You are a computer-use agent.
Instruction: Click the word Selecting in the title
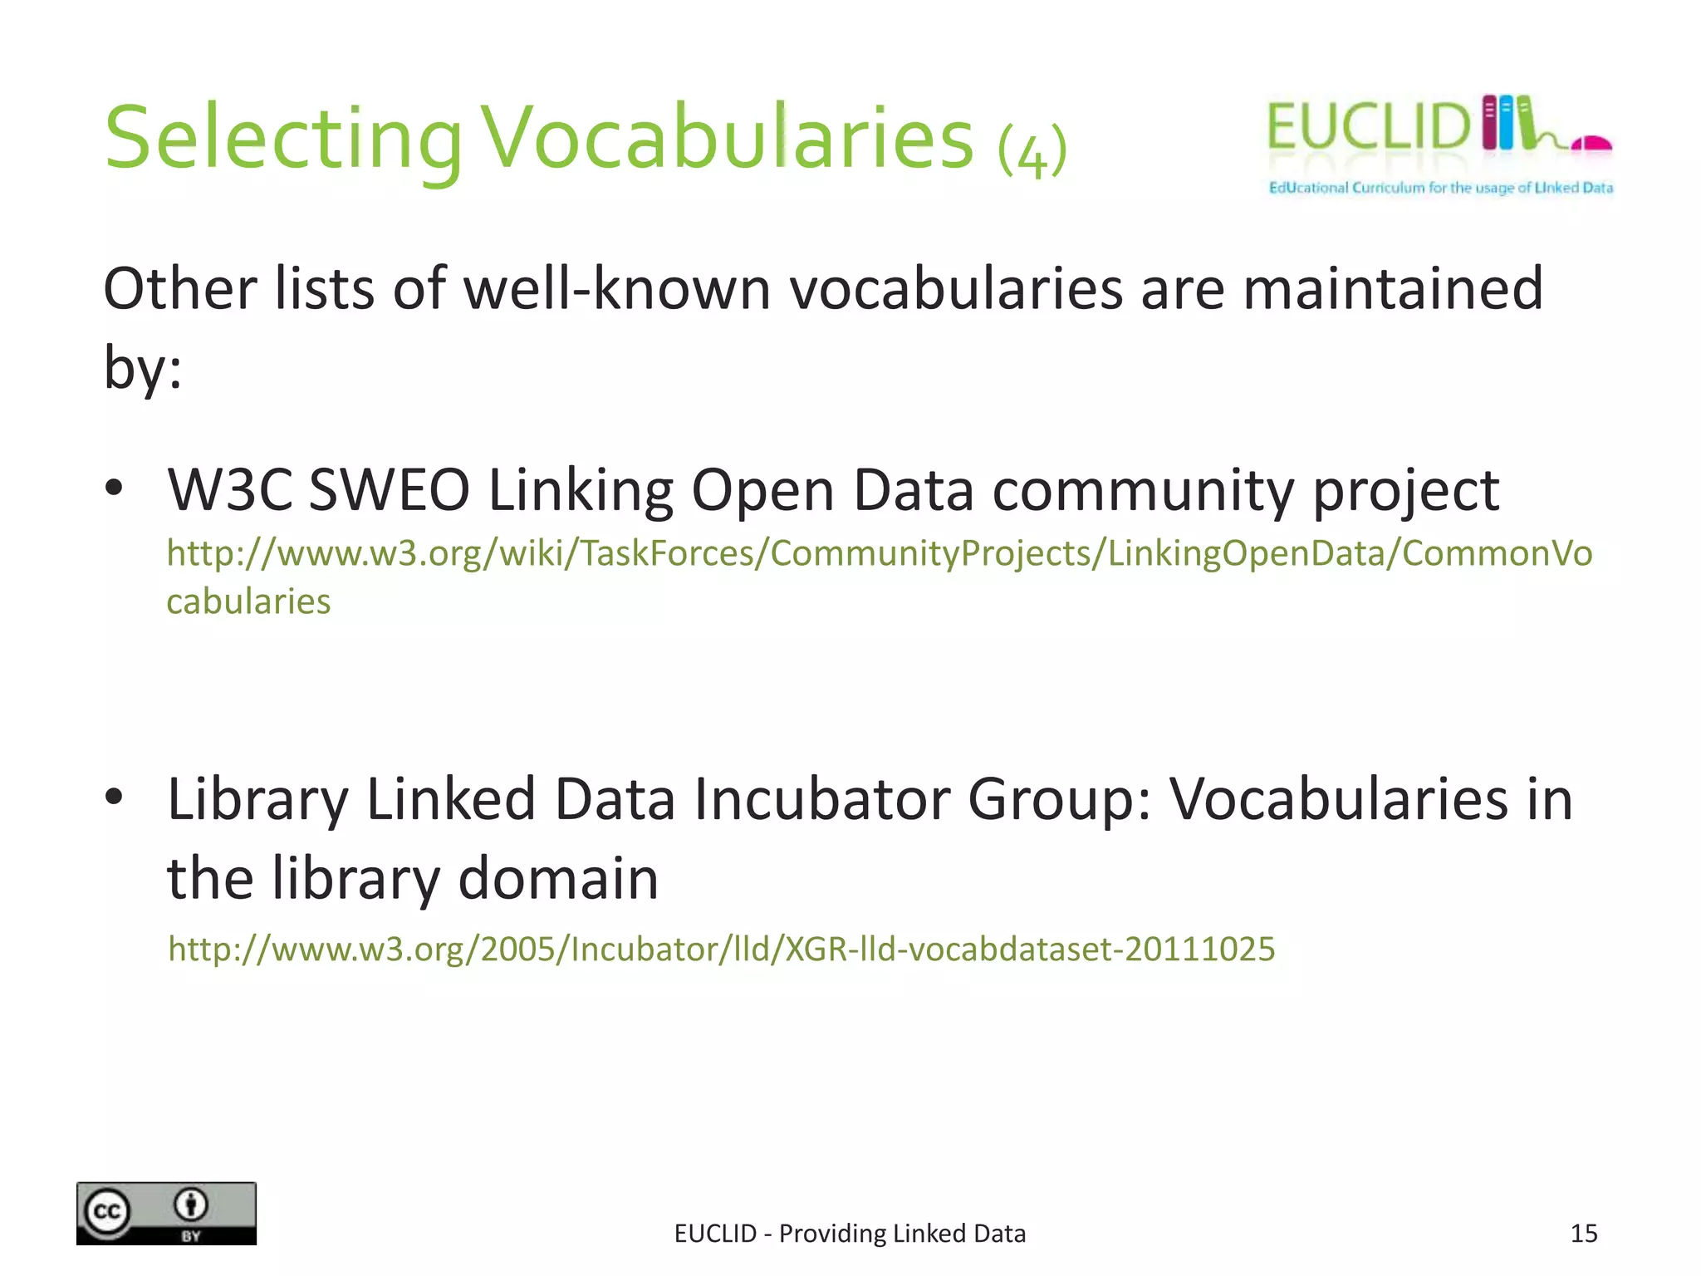pos(282,139)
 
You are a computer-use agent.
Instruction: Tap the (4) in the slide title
pos(1032,150)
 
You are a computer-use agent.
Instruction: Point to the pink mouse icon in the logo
pos(1591,145)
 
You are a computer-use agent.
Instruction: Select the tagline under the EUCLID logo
pos(1440,188)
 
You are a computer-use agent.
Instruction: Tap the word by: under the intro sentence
pos(142,366)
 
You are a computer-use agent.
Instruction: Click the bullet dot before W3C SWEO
pos(115,488)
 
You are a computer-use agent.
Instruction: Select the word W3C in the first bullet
pos(230,490)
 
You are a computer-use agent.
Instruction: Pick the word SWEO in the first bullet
pos(389,490)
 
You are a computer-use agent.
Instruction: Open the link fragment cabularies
pos(248,601)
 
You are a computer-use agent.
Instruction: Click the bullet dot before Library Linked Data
pos(115,797)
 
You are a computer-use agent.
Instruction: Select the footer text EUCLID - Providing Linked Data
pos(850,1234)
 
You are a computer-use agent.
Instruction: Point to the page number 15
pos(1583,1234)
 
